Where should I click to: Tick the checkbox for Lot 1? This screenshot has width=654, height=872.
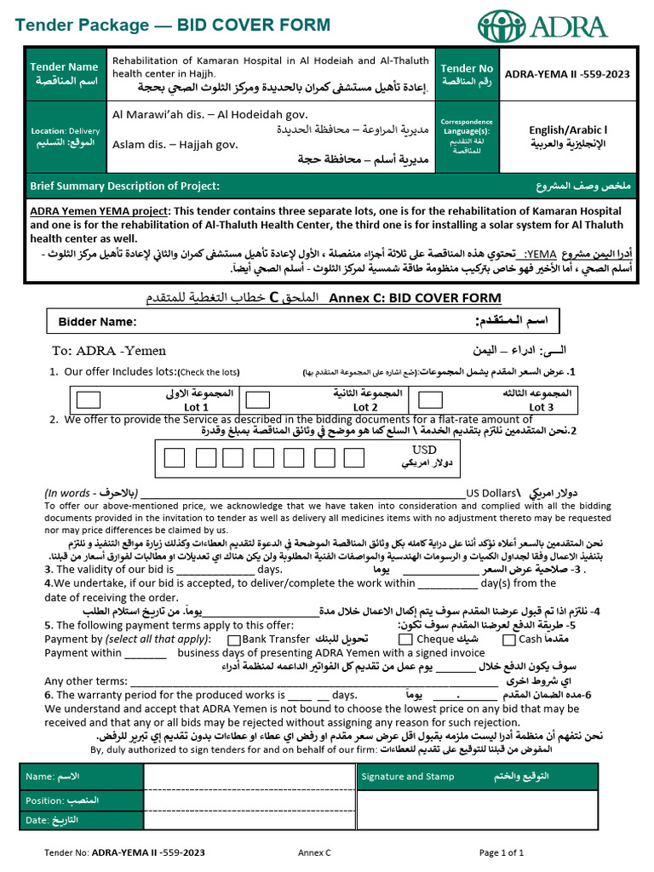[88, 399]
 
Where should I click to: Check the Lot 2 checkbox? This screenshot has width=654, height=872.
[257, 399]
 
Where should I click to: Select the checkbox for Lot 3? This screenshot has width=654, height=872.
[431, 399]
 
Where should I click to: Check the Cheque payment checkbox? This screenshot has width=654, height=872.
[405, 639]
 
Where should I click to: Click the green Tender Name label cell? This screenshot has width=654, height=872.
[65, 73]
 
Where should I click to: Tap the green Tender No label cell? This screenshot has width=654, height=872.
[467, 74]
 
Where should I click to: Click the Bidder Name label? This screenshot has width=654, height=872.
[96, 322]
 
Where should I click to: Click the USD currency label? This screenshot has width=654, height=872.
[424, 450]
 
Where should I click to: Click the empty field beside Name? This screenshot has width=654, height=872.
[249, 777]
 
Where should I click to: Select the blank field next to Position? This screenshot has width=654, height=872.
[249, 800]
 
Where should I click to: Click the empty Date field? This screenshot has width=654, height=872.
[249, 820]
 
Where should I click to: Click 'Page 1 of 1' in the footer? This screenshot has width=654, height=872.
[502, 852]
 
